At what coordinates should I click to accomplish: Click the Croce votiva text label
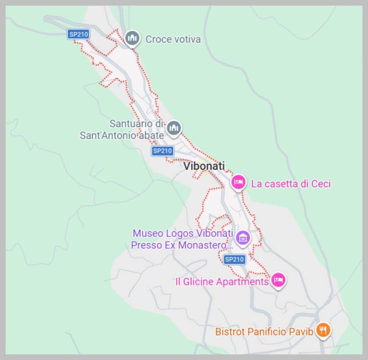tap(173, 39)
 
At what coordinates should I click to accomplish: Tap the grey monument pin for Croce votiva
tap(133, 38)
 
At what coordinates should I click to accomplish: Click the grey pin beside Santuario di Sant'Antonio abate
tap(174, 127)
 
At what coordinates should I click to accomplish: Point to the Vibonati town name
tap(203, 166)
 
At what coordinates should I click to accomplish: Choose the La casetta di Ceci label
tap(291, 184)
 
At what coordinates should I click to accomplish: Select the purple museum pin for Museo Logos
tap(242, 238)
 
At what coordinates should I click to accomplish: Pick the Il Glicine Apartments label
tap(221, 282)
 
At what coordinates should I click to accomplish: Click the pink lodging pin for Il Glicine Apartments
tap(278, 280)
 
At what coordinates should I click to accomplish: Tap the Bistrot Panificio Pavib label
tap(264, 332)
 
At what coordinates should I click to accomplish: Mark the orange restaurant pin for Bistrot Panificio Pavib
tap(323, 330)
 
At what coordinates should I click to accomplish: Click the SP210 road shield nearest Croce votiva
tap(78, 34)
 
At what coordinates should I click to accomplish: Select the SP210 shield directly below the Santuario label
tap(162, 151)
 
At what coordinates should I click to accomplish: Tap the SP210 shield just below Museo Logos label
tap(234, 259)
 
